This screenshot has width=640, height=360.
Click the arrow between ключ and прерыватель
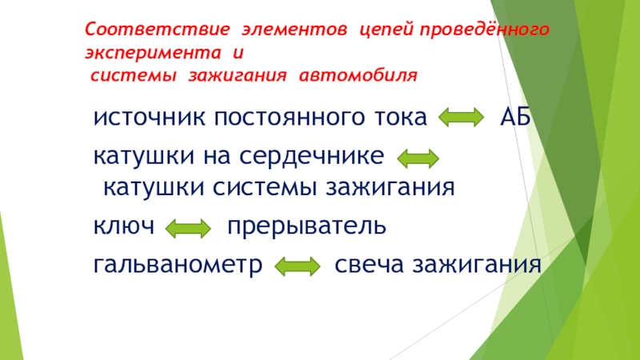[187, 230]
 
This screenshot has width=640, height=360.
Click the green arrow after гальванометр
[297, 266]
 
